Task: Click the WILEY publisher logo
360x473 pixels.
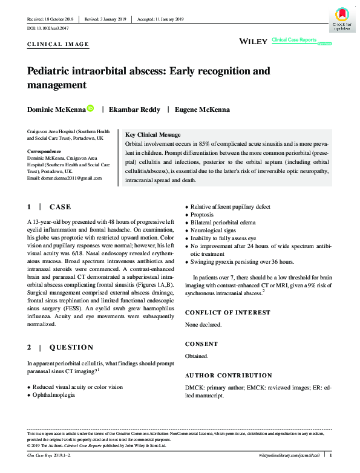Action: tap(254, 41)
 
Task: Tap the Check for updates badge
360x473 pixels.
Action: tap(341, 20)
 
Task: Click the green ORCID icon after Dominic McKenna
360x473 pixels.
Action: tap(90, 108)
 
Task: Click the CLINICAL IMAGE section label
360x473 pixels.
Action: tap(59, 44)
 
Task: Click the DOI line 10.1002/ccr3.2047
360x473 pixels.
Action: tap(49, 28)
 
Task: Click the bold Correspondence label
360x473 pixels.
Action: tap(44, 151)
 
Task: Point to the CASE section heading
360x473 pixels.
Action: tap(61, 207)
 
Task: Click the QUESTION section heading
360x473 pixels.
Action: tap(71, 347)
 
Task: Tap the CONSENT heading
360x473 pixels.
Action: tap(201, 344)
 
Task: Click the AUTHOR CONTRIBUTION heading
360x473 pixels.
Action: tap(228, 375)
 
